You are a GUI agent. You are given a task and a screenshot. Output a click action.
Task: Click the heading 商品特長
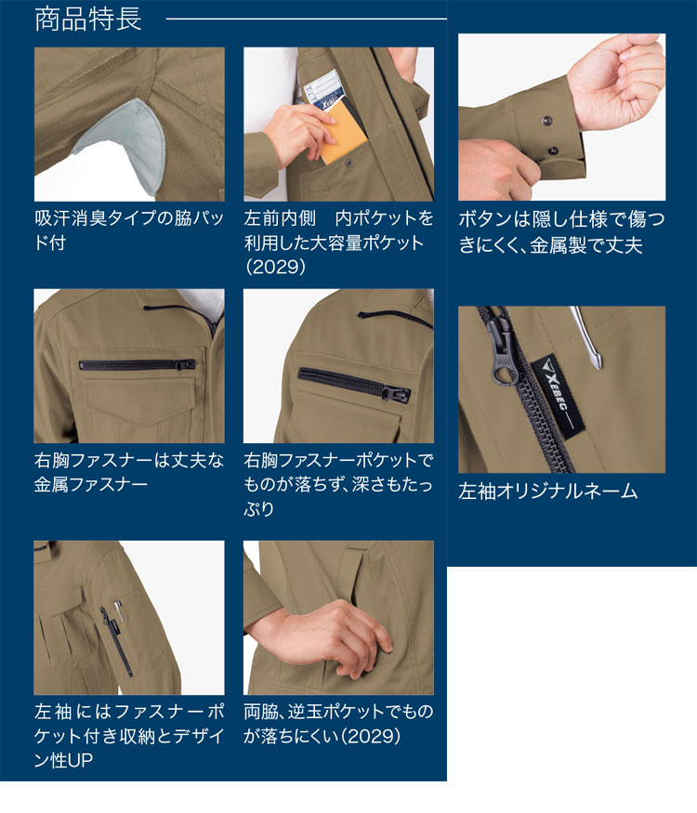(x=87, y=19)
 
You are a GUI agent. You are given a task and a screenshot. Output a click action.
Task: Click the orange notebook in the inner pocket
(x=343, y=133)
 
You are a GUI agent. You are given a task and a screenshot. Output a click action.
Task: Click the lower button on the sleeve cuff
(x=553, y=151)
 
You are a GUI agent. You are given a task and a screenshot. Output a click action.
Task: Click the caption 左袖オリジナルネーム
(x=547, y=491)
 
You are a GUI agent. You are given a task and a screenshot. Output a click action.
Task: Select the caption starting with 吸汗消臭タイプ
(x=128, y=229)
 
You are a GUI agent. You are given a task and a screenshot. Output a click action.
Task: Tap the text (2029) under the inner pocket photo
(x=275, y=267)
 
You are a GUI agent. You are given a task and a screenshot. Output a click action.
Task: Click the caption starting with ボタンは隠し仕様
(x=561, y=231)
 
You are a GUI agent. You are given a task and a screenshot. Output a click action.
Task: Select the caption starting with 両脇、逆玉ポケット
(x=338, y=723)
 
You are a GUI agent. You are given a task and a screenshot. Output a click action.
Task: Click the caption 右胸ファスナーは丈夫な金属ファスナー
(x=128, y=472)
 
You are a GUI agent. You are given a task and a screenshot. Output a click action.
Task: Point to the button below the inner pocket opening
(x=348, y=163)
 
